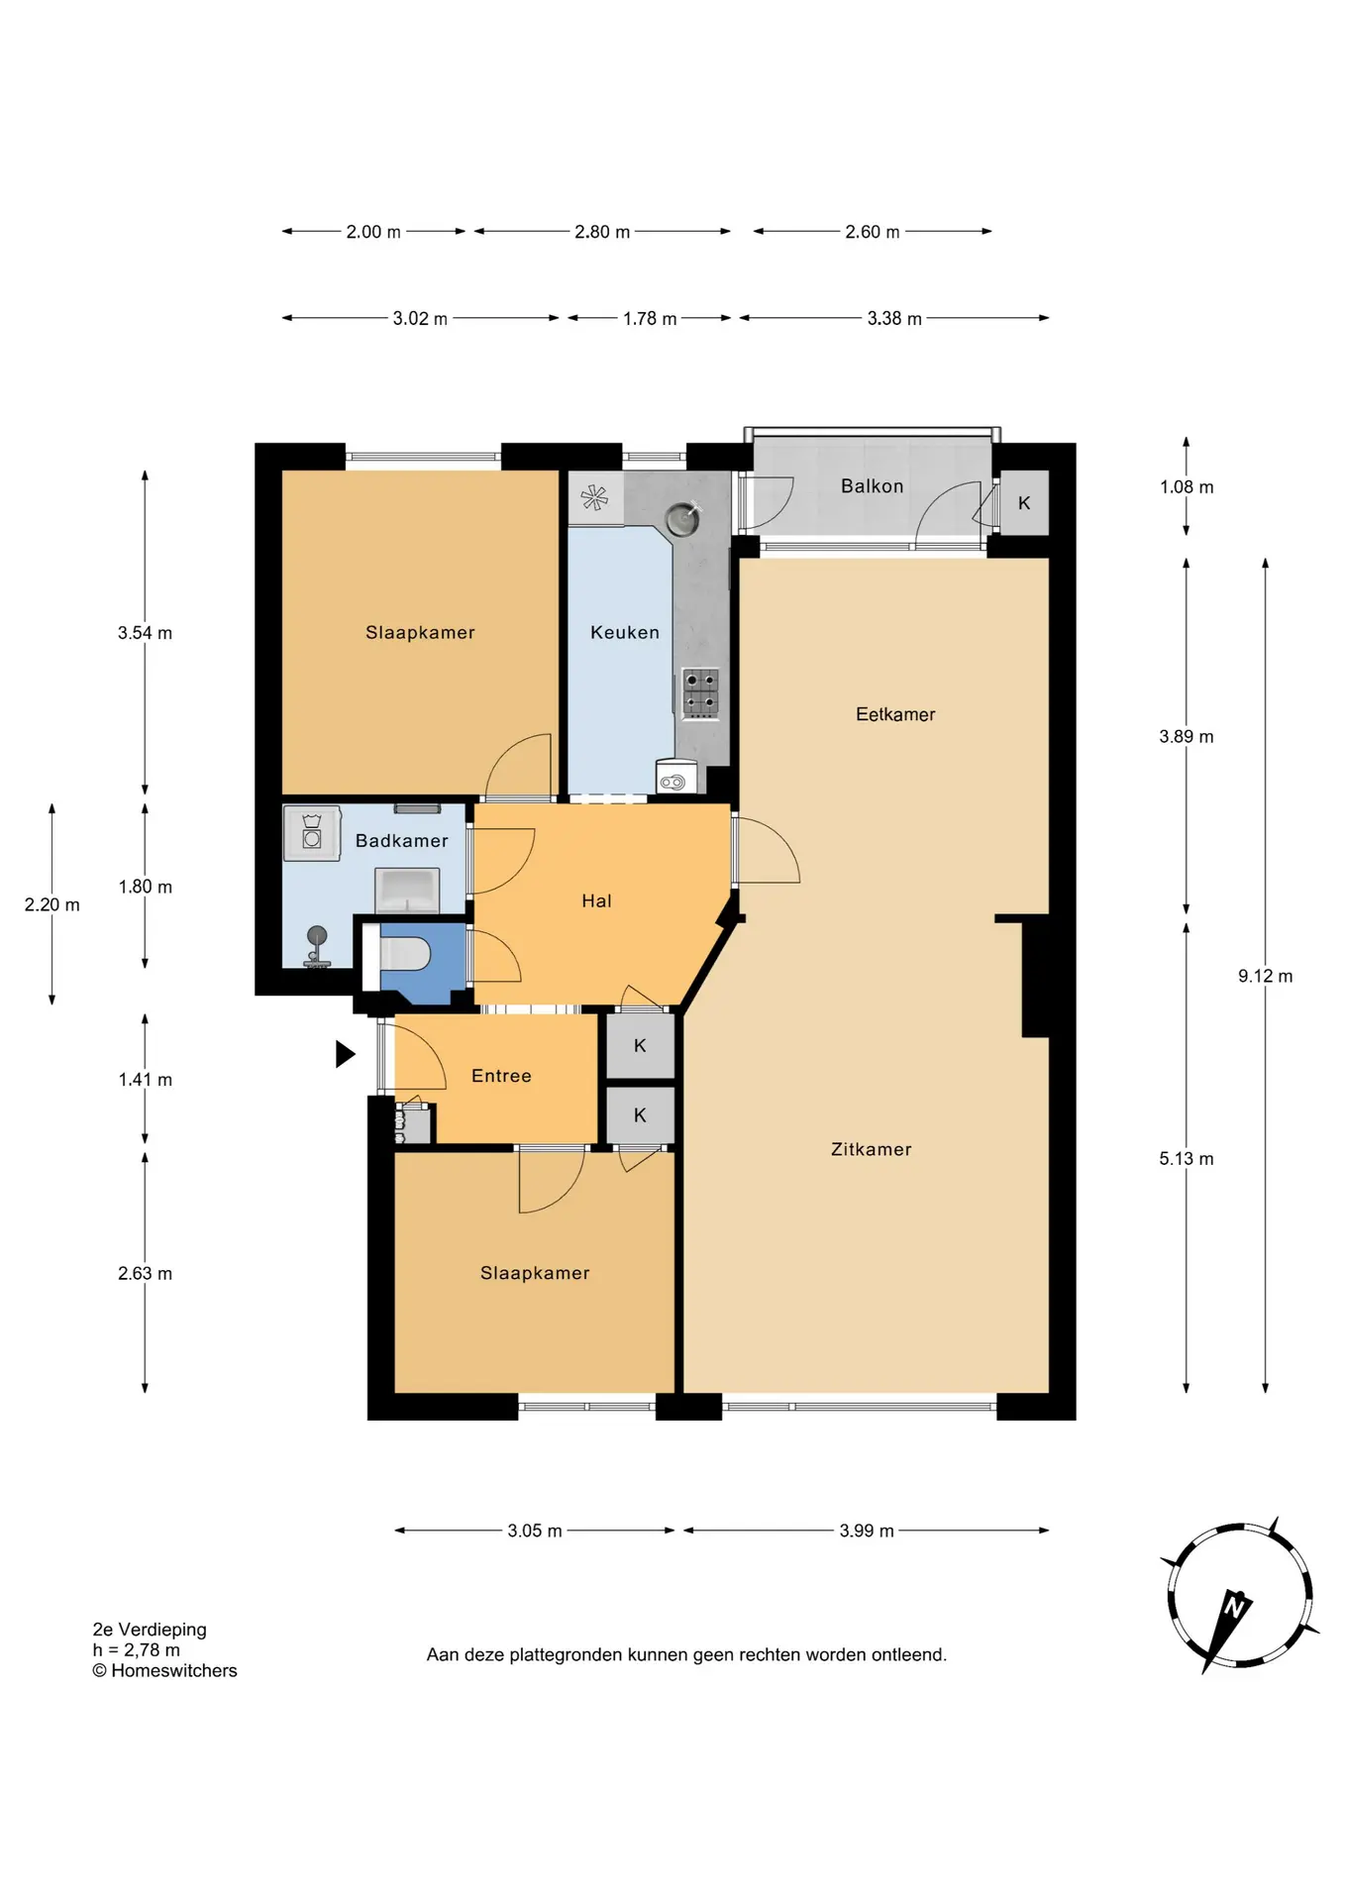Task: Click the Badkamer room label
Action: (x=401, y=841)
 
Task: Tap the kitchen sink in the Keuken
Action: (x=683, y=517)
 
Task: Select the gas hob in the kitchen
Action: (x=700, y=692)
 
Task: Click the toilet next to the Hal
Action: (x=406, y=955)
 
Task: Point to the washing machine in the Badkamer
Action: (x=312, y=832)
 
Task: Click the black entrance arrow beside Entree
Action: (x=345, y=1053)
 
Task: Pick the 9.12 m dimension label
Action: (x=1265, y=976)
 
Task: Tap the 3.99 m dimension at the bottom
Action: (x=867, y=1531)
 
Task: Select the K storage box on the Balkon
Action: (x=1024, y=502)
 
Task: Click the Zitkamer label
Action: (x=871, y=1149)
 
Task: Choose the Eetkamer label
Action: (x=895, y=714)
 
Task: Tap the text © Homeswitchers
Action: (x=164, y=1670)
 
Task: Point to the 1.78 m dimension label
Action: (x=650, y=319)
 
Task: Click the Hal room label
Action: (x=596, y=900)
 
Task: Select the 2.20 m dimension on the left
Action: (x=52, y=904)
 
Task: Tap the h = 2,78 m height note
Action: (x=137, y=1649)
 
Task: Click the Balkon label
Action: (x=872, y=486)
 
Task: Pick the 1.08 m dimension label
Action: (x=1187, y=487)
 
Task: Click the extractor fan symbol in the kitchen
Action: (x=594, y=497)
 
